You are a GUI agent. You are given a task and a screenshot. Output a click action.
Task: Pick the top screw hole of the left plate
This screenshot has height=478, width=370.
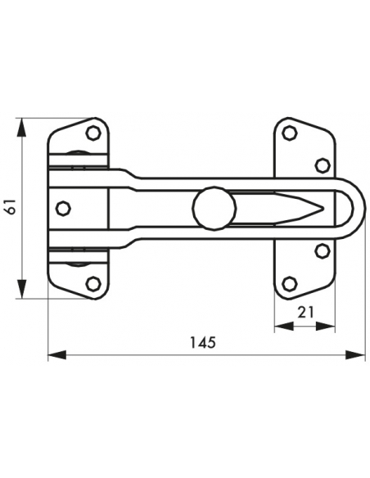[94, 132]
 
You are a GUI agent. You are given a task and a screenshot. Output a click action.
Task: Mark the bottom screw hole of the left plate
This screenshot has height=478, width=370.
[93, 283]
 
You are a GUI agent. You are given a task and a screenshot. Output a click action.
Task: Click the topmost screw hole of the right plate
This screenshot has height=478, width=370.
[290, 132]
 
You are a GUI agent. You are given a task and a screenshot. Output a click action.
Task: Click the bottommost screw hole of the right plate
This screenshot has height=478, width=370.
[290, 283]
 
